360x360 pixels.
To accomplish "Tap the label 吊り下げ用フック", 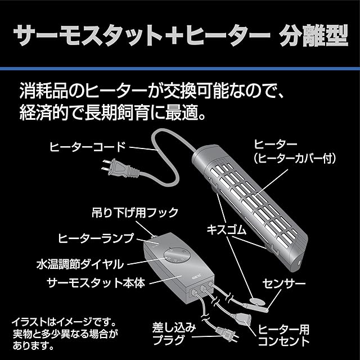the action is [134, 212].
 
